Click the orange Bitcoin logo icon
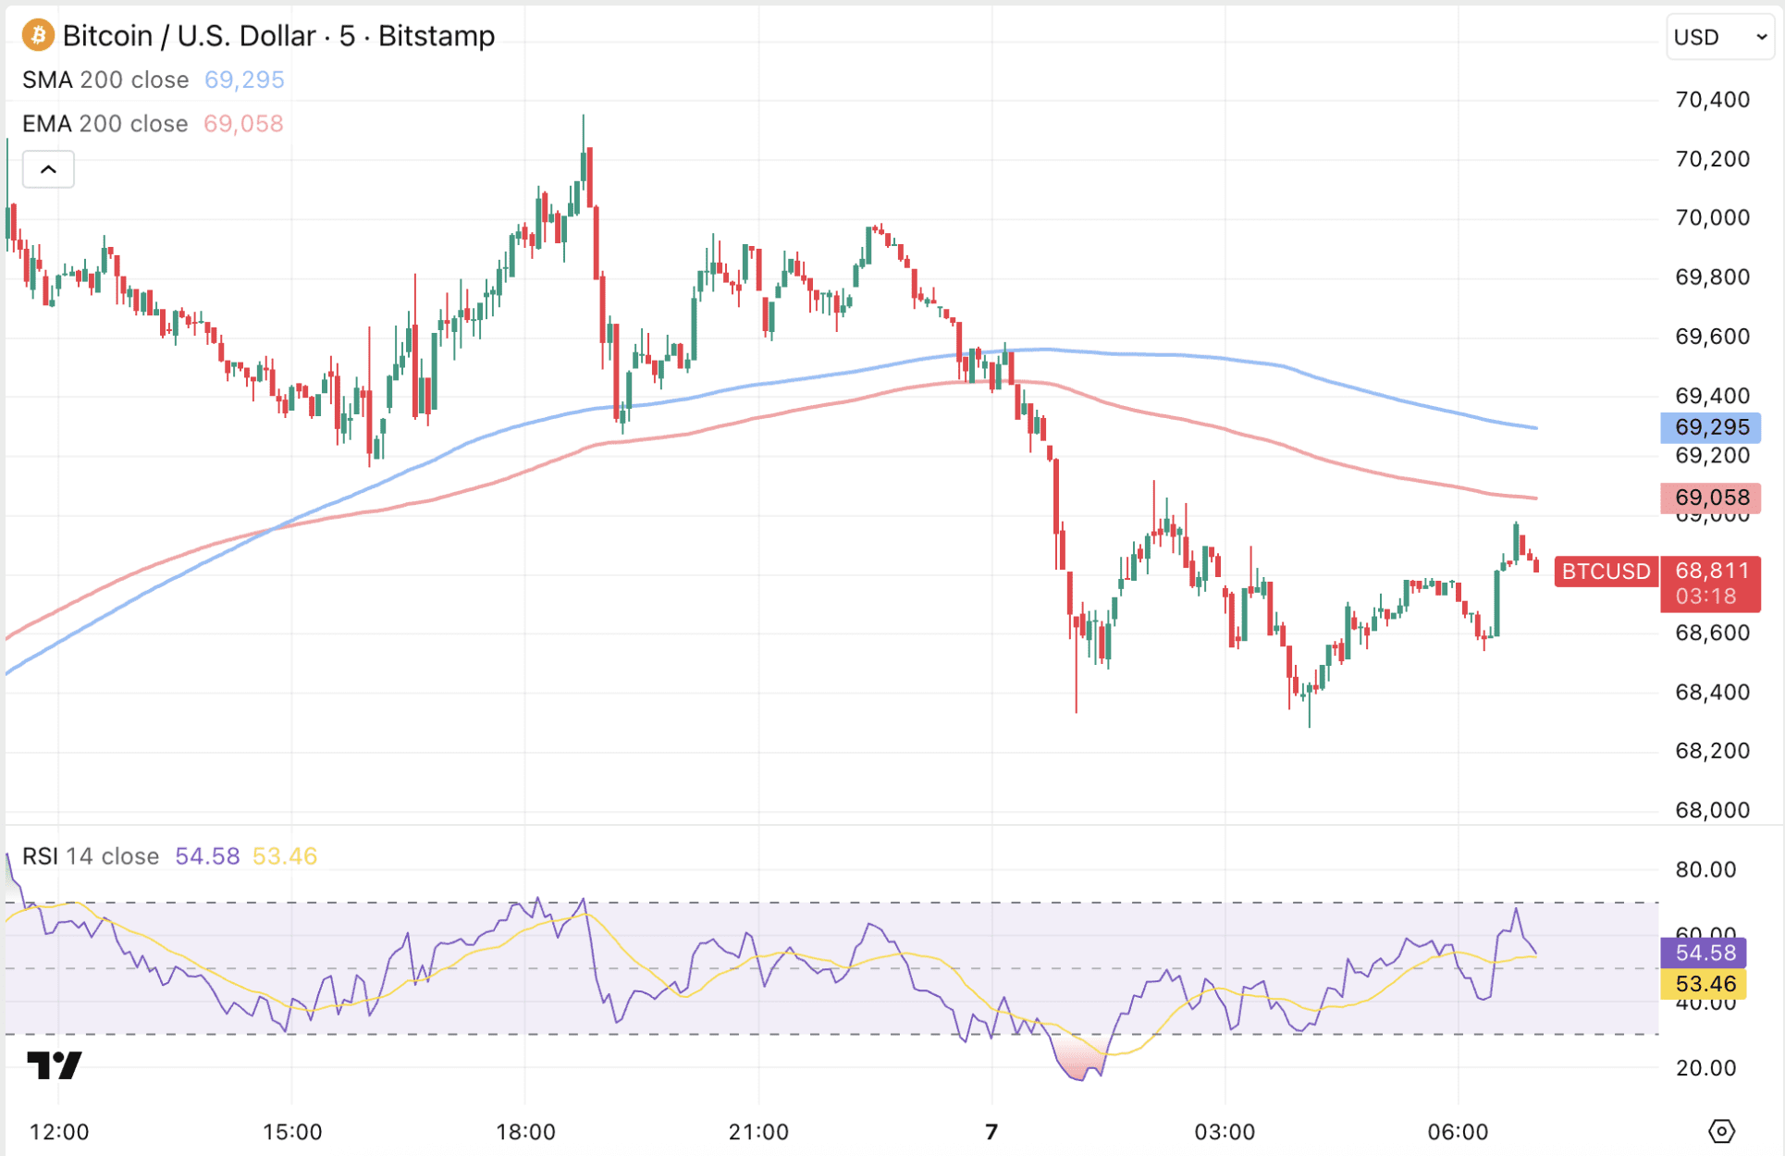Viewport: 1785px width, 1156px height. [x=38, y=36]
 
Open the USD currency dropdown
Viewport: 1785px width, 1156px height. [x=1719, y=37]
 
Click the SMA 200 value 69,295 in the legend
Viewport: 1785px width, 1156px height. [x=244, y=80]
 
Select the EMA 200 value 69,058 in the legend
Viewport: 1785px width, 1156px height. [x=243, y=124]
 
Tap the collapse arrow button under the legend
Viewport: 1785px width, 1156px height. [x=48, y=169]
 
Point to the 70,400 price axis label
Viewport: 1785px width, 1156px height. [x=1712, y=100]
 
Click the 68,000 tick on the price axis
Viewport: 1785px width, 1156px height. [x=1712, y=810]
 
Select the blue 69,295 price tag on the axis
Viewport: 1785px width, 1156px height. [x=1711, y=427]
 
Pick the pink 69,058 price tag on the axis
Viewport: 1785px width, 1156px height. [x=1711, y=498]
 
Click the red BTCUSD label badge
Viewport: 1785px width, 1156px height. [x=1606, y=572]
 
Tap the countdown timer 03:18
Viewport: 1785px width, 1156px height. [x=1705, y=596]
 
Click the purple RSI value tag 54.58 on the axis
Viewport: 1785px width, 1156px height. [x=1705, y=953]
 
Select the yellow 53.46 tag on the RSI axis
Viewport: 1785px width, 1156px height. [x=1705, y=984]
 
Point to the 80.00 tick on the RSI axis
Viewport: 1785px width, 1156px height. [x=1705, y=869]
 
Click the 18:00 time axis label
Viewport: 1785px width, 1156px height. [x=525, y=1132]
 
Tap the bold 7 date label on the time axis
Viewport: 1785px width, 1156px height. [x=991, y=1132]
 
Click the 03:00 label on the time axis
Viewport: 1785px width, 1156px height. [x=1225, y=1132]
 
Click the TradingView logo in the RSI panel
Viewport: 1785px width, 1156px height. [x=54, y=1065]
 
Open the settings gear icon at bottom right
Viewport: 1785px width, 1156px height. [x=1721, y=1131]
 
